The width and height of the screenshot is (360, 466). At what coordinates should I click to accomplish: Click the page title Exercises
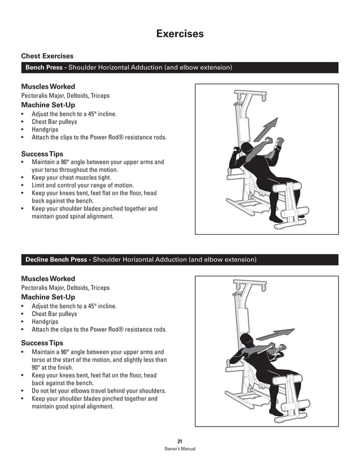point(179,34)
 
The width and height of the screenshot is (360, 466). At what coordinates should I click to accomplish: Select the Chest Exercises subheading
point(47,56)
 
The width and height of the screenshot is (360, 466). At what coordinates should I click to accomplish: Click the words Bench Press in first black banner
point(44,68)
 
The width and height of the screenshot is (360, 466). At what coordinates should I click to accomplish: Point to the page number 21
point(179,441)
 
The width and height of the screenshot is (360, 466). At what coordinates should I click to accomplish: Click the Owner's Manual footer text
point(179,449)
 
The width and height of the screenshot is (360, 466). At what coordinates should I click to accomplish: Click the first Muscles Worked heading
point(47,87)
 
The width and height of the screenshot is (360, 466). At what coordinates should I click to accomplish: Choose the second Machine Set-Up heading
point(47,297)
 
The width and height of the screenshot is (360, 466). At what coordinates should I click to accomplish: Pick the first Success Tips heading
point(42,153)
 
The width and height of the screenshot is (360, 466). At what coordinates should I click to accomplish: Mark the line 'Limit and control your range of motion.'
point(82,185)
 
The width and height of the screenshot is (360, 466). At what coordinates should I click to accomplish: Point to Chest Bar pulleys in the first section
point(54,121)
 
